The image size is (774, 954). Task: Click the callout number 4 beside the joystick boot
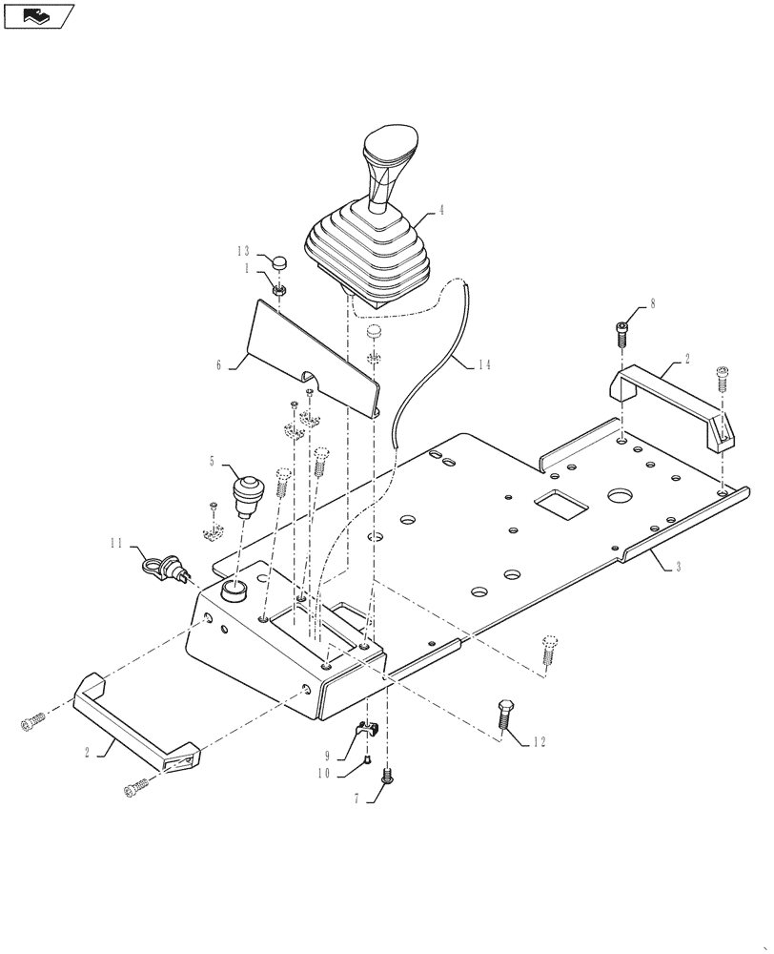pos(440,211)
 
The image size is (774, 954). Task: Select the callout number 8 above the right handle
pos(652,305)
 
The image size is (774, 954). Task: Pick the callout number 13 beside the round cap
pos(243,250)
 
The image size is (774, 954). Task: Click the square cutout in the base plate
pos(560,504)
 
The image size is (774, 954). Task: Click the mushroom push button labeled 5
pos(249,494)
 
